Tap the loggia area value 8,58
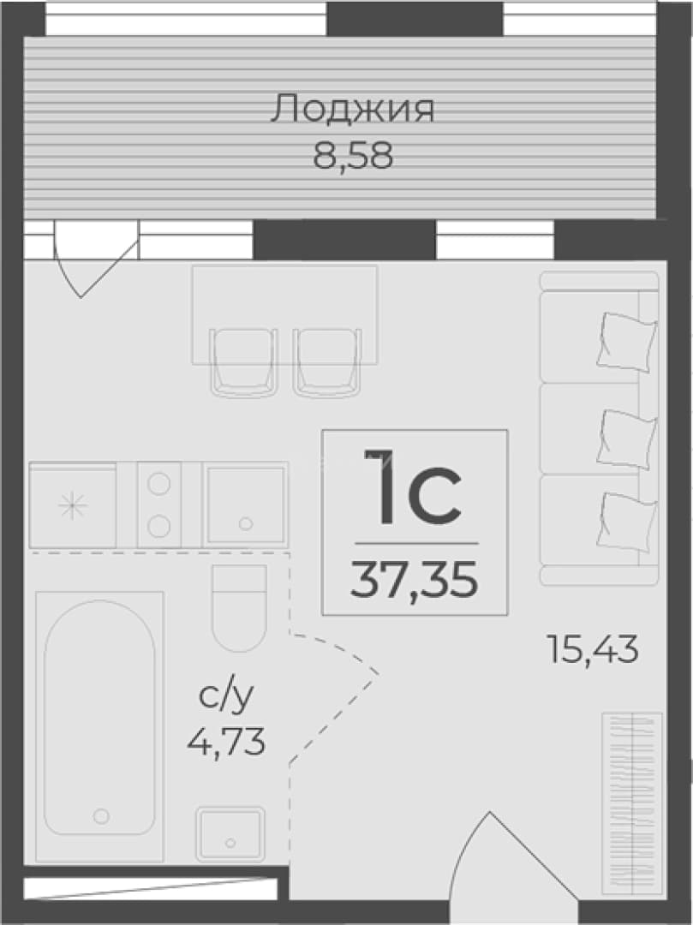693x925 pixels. [353, 157]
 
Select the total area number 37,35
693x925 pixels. [414, 581]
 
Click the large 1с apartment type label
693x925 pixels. [412, 487]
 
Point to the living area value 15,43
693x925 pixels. [593, 649]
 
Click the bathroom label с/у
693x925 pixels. [226, 696]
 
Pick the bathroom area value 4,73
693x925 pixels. [226, 742]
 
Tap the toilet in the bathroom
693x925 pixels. [240, 607]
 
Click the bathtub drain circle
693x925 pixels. [101, 816]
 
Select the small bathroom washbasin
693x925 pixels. [230, 833]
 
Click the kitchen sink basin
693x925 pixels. [245, 504]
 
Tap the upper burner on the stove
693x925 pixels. [159, 484]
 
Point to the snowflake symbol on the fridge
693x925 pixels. [73, 505]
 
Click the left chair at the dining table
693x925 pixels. [244, 361]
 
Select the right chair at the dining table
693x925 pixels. [327, 361]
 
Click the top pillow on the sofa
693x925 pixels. [627, 342]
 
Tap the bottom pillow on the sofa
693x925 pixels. [627, 522]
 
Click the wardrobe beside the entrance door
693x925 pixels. [631, 804]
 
